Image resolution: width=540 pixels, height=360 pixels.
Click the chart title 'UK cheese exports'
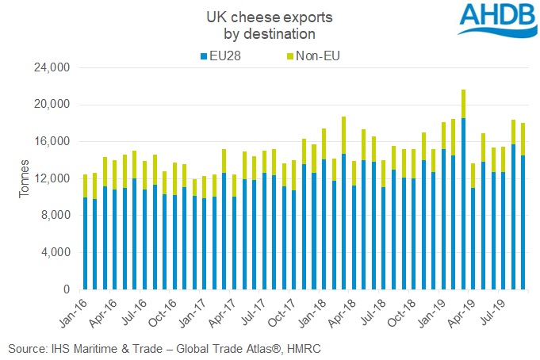click(270, 16)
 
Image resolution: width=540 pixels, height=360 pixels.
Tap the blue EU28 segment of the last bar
click(523, 222)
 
